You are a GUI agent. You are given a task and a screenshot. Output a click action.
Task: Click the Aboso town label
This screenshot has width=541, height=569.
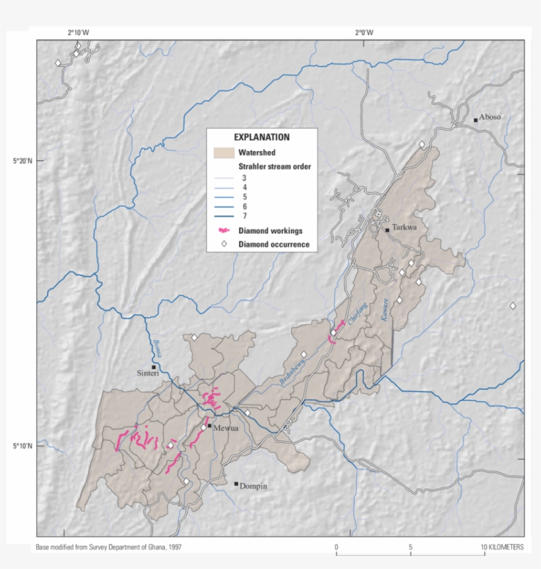[x=490, y=117]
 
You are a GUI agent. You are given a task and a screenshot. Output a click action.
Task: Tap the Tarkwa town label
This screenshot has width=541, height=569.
[x=405, y=227]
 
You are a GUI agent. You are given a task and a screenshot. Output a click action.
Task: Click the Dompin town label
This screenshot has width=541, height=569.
[x=253, y=487]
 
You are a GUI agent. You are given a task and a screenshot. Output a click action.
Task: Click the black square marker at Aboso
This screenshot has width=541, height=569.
[x=475, y=120]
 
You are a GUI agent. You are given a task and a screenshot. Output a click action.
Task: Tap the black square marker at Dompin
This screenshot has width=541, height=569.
[x=236, y=483]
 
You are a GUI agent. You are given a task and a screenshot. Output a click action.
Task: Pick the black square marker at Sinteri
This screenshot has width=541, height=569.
[x=154, y=367]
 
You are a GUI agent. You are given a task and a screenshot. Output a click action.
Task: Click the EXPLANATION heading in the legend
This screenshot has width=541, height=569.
[x=262, y=137]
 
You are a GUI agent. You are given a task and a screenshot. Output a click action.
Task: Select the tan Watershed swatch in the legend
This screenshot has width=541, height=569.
[x=224, y=153]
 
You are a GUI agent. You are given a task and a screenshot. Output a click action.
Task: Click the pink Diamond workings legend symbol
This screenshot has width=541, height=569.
[x=224, y=231]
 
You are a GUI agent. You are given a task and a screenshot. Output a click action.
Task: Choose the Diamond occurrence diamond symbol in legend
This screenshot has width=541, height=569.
[x=224, y=244]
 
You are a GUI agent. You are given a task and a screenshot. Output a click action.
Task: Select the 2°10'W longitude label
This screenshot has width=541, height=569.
[x=78, y=32]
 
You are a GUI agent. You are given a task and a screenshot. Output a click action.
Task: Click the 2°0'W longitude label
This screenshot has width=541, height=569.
[x=364, y=32]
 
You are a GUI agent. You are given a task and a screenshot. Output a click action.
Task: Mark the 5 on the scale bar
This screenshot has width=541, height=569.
[x=410, y=547]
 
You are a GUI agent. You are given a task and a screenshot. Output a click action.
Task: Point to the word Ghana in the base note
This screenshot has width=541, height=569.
[x=158, y=547]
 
